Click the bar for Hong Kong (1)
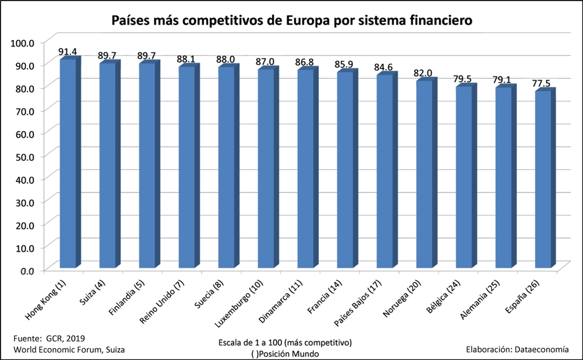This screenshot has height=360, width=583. pyautogui.click(x=68, y=164)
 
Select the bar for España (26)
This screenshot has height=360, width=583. pyautogui.click(x=544, y=180)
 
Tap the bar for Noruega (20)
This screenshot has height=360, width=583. pyautogui.click(x=424, y=175)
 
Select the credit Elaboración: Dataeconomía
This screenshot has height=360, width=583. pyautogui.click(x=517, y=349)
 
